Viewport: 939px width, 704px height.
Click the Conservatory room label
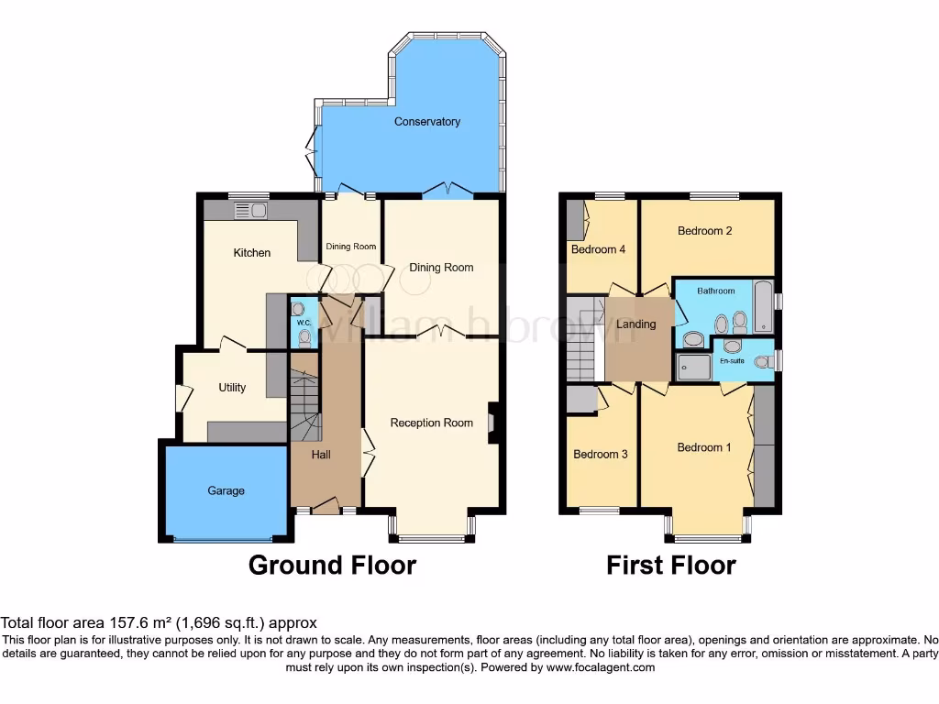tap(426, 122)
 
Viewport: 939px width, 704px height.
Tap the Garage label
tap(226, 491)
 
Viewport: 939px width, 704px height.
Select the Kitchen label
tap(251, 253)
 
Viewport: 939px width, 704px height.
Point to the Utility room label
tap(232, 388)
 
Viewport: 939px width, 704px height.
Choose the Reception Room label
tap(432, 423)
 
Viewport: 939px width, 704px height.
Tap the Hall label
tap(321, 455)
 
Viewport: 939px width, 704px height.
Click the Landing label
tap(636, 324)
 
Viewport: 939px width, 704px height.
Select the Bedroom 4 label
tap(599, 249)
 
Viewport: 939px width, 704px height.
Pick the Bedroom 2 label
tap(705, 231)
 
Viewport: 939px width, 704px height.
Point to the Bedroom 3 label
tap(601, 454)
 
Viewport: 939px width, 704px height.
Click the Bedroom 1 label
tap(704, 447)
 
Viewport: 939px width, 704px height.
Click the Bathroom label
tap(716, 291)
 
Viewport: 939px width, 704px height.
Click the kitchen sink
tap(250, 211)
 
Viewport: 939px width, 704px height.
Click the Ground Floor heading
tap(332, 566)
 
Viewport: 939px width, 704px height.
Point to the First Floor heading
tap(670, 566)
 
